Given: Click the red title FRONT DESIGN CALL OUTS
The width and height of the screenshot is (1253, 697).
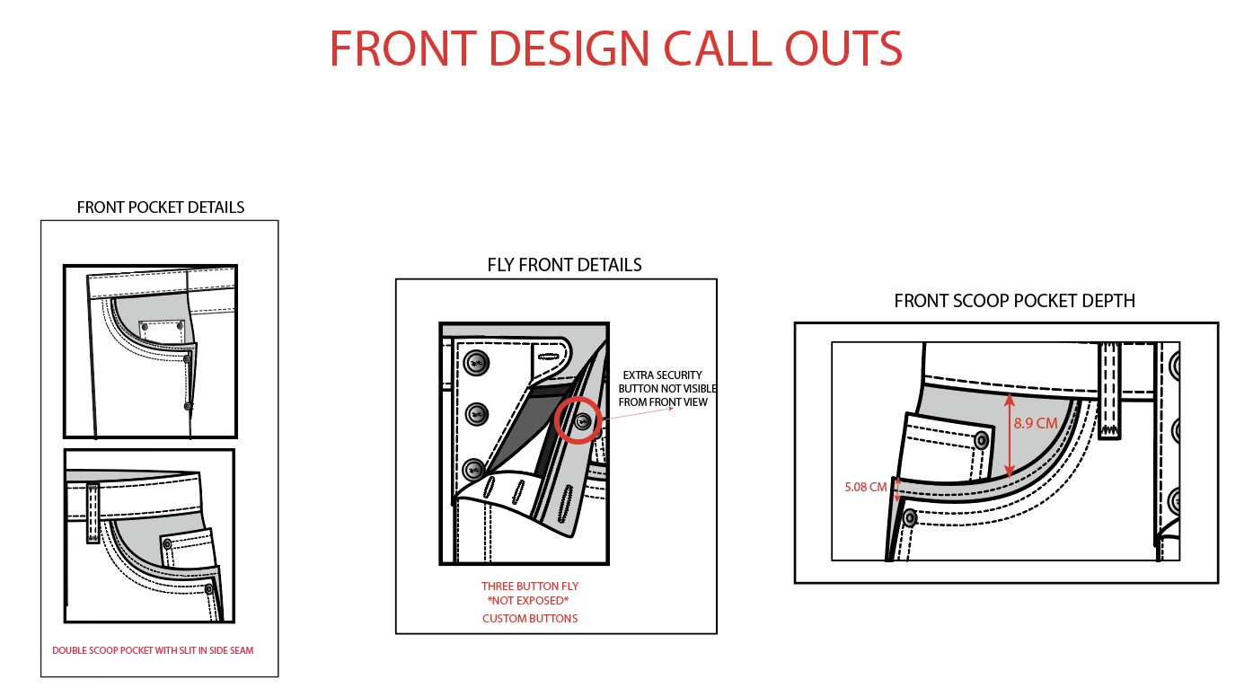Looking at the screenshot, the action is coord(616,49).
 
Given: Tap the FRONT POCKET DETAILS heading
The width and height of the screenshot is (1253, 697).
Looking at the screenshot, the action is coord(161,207).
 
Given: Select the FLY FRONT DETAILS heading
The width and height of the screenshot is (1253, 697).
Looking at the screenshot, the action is coord(564,265).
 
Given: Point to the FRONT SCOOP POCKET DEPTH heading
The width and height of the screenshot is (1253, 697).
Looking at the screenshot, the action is coord(1015,301).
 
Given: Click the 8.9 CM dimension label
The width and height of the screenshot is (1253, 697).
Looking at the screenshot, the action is coord(1036,423).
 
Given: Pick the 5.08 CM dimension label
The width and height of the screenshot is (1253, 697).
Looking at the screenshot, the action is coord(865,487).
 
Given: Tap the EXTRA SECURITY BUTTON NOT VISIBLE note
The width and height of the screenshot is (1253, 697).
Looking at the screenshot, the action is coord(666,389).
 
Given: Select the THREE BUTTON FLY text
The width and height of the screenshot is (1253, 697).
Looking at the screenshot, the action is coord(530,587).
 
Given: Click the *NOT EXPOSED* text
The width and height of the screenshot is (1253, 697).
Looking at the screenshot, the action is coord(527,601).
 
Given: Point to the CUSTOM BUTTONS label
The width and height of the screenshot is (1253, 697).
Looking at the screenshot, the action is coord(530,619).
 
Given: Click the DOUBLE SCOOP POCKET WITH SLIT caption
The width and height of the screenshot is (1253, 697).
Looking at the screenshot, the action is coord(153,650).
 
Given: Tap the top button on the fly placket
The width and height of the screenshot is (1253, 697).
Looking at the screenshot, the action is coord(477,363).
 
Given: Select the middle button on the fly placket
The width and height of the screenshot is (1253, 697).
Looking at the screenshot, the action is coord(477,414).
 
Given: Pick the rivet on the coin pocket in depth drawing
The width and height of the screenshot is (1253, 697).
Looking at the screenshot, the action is coord(981,441).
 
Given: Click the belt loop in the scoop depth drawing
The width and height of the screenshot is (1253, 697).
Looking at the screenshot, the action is coord(1109,391).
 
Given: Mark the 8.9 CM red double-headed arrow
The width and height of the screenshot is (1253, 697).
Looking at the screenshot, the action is coord(1009,436).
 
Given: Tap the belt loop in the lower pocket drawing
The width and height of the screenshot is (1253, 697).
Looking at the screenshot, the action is coord(93,514).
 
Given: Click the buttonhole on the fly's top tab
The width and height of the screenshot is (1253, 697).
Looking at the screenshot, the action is coord(549,357).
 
